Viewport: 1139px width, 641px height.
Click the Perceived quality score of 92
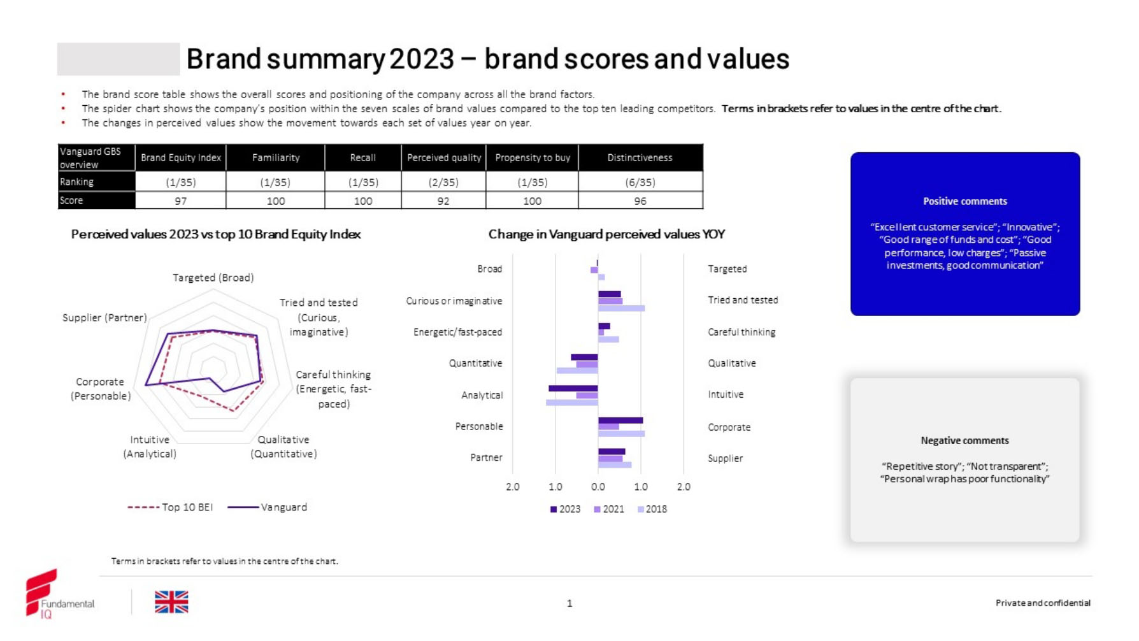click(x=443, y=201)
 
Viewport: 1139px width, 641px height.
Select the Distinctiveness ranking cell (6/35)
click(x=640, y=182)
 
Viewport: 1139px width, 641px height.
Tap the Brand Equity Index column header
click(x=181, y=157)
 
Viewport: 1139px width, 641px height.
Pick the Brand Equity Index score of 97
click(x=181, y=201)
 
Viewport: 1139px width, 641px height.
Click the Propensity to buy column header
click(x=533, y=157)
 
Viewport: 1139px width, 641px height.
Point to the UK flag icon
click(x=171, y=602)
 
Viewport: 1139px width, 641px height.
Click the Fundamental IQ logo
click(x=58, y=594)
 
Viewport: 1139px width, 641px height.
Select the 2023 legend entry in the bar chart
click(x=566, y=509)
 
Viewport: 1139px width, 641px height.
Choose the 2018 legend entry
click(x=652, y=509)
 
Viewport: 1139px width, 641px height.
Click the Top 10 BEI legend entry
click(x=171, y=507)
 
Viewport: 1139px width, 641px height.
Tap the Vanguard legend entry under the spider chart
click(x=268, y=507)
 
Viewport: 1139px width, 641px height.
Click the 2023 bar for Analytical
click(x=573, y=388)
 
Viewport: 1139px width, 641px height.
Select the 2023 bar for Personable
click(x=620, y=420)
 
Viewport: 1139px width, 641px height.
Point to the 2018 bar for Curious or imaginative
click(x=621, y=308)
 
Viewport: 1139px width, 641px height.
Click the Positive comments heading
click(x=965, y=201)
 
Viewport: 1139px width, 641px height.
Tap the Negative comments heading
click(x=964, y=440)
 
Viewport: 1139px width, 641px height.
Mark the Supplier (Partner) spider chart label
click(x=104, y=317)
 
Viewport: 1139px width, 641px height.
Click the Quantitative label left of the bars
click(x=475, y=363)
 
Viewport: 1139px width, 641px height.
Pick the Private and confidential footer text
click(x=1043, y=603)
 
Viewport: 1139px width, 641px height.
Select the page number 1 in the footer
click(x=569, y=603)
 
